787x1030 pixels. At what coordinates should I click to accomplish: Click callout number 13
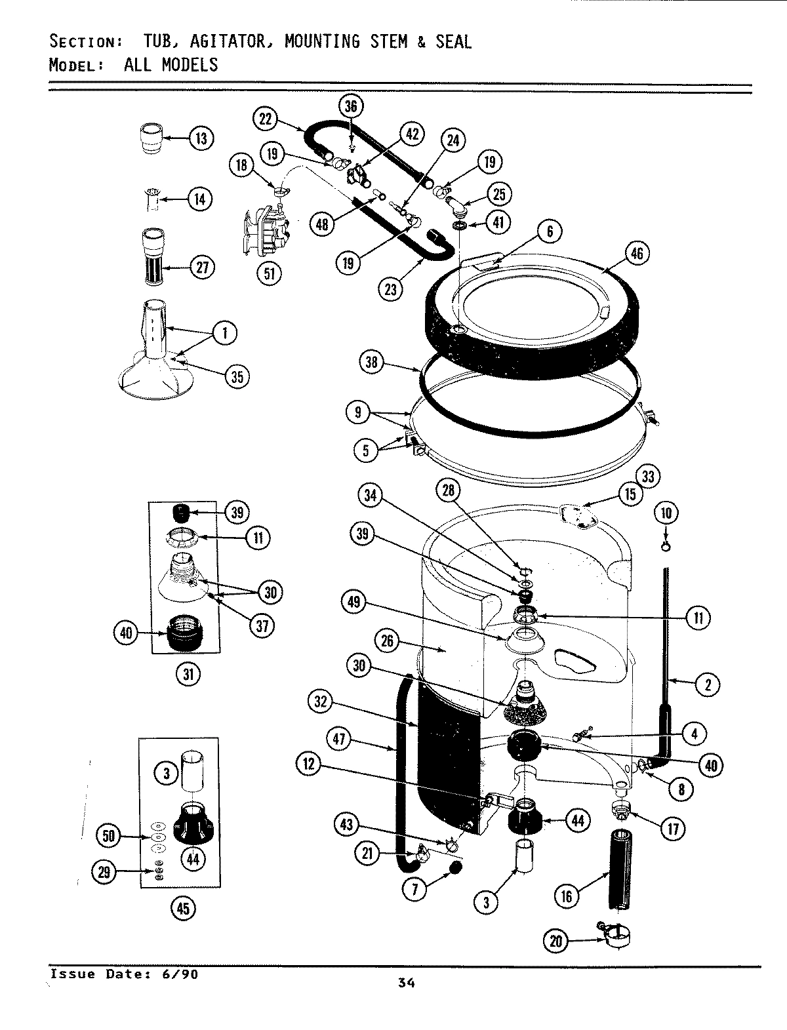point(201,138)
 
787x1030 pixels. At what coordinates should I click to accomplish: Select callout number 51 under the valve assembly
point(269,273)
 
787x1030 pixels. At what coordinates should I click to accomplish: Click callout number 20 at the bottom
point(556,942)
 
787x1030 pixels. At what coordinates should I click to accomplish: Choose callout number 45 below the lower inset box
point(182,907)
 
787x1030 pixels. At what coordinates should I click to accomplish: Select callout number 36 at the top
point(352,107)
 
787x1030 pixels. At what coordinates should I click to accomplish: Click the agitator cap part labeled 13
point(153,139)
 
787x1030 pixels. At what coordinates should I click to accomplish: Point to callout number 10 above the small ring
point(666,513)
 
